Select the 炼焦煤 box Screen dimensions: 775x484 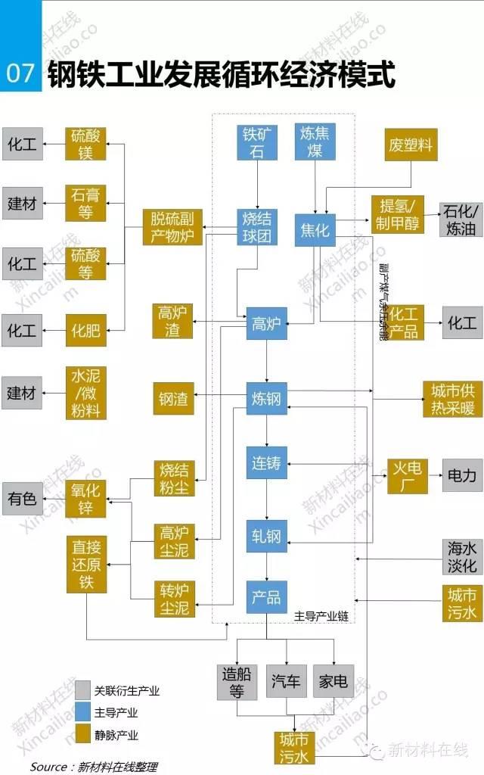(x=315, y=142)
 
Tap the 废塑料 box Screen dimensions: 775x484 (x=411, y=144)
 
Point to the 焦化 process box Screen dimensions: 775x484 (x=315, y=229)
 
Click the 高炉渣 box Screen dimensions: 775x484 (x=173, y=322)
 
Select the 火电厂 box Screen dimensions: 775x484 (x=408, y=476)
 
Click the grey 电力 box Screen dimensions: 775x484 (x=462, y=476)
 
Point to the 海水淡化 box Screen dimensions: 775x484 (x=462, y=557)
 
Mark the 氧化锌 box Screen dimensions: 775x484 (x=85, y=498)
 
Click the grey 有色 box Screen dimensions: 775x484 (x=22, y=498)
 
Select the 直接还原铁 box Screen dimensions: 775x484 (x=86, y=565)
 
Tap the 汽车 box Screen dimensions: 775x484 (x=287, y=681)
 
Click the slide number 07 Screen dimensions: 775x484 (x=20, y=73)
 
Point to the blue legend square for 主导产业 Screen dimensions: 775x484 (x=83, y=712)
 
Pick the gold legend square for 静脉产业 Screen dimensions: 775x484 (x=83, y=734)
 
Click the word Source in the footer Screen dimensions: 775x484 (x=48, y=766)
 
